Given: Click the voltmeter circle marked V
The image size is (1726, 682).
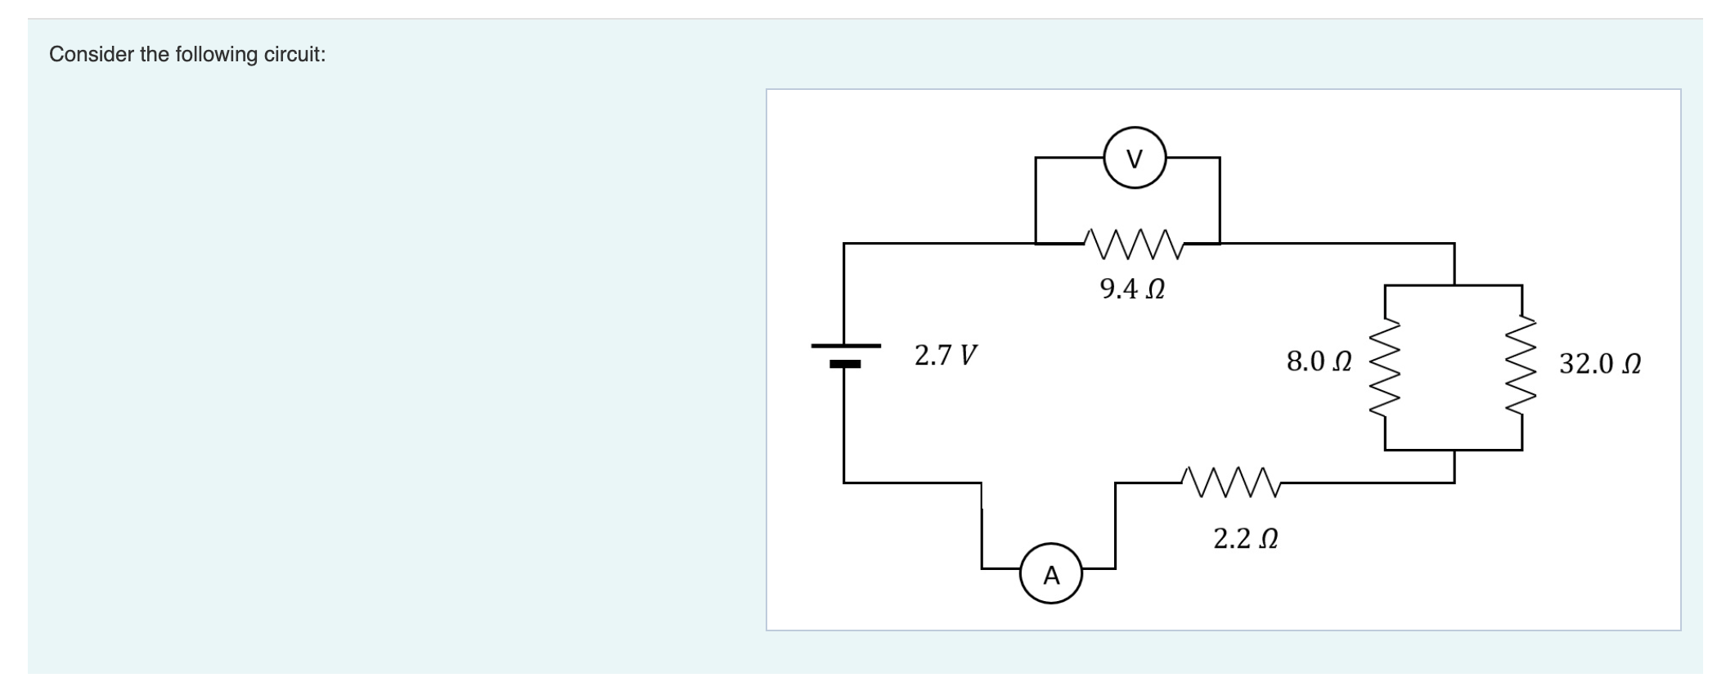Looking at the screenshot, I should coord(1135,158).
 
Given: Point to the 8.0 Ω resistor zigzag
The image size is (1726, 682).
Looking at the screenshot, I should coord(1384,367).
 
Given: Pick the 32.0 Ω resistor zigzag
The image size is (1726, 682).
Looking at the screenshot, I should coord(1521,367).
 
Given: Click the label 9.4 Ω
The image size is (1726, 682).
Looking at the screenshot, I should coord(1132,289).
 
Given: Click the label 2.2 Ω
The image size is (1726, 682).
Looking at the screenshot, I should coord(1245,539).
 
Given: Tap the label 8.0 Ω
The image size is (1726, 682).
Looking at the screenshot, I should coord(1319,361).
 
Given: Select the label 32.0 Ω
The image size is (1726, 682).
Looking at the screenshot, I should coord(1599,363).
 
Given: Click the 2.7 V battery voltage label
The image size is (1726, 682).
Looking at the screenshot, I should coord(946,356).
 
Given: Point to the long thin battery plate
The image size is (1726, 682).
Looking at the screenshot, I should coord(846,345).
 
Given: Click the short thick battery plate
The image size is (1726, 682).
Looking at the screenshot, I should coord(845,364).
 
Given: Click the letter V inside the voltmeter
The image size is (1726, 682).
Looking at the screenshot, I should coord(1135,159).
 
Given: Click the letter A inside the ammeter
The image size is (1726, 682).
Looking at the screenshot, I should coord(1051,576).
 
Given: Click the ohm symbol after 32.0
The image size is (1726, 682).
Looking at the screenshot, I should coord(1629,364).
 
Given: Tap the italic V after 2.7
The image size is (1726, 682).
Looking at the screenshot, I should coord(968,356).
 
